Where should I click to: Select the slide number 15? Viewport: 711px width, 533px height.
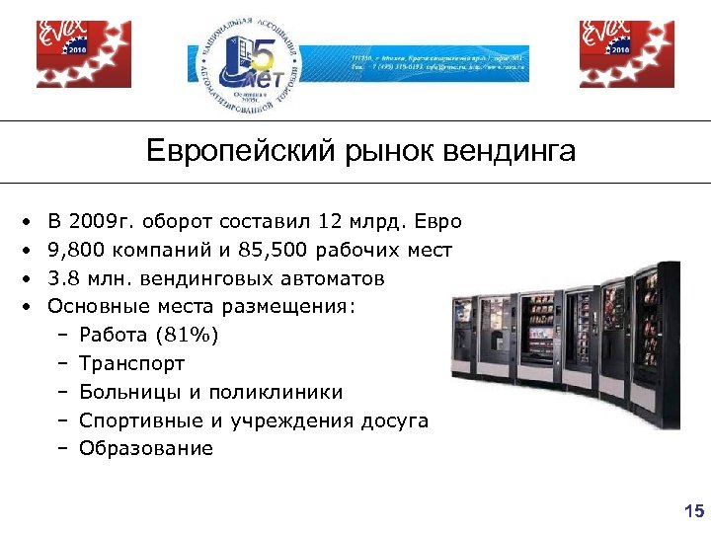click(693, 510)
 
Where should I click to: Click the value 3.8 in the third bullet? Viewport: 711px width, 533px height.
click(63, 279)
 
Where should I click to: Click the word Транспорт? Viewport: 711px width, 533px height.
click(131, 364)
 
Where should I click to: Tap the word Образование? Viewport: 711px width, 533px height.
click(145, 449)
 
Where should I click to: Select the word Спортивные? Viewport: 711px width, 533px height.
click(141, 420)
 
